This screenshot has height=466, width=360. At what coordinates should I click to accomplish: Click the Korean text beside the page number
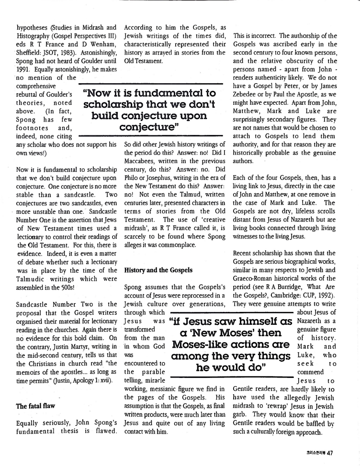(x=313, y=454)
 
